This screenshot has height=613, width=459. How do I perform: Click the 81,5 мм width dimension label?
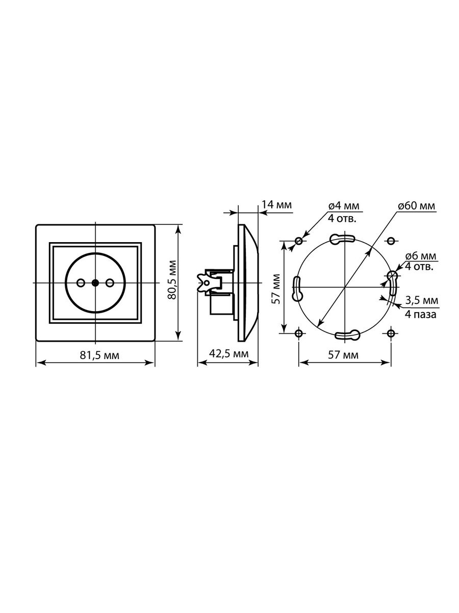tap(99, 356)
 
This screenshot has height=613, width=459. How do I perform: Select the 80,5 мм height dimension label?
tap(172, 279)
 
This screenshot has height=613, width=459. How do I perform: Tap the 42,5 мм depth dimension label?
tap(228, 353)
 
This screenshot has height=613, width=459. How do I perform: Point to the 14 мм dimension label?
tap(276, 205)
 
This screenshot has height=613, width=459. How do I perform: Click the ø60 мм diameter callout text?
tap(416, 206)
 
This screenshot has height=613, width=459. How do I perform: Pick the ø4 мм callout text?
tap(344, 206)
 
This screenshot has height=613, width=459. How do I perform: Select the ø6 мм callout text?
tap(421, 256)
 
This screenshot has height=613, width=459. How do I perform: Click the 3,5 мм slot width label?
tap(422, 300)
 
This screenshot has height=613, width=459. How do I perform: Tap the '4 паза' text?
tap(421, 315)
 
